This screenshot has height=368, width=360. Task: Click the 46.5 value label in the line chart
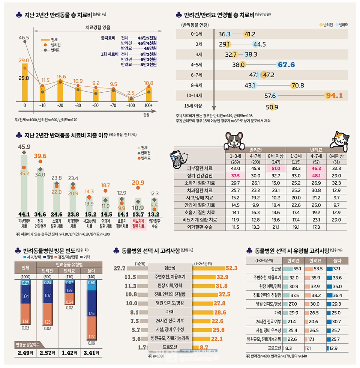click(x=24, y=38)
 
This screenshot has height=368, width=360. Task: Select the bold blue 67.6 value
click(x=286, y=65)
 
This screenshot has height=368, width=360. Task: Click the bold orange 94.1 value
click(x=334, y=95)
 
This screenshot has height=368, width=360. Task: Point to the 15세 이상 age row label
click(x=194, y=107)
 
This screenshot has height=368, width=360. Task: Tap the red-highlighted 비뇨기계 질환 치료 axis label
click(x=137, y=224)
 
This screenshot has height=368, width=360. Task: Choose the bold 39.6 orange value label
click(x=40, y=156)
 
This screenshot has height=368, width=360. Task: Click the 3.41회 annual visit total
click(x=91, y=353)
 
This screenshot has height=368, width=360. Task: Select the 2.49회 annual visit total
click(x=25, y=353)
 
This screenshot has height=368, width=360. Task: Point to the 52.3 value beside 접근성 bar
click(x=231, y=268)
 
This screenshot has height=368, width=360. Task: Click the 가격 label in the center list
click(x=169, y=312)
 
